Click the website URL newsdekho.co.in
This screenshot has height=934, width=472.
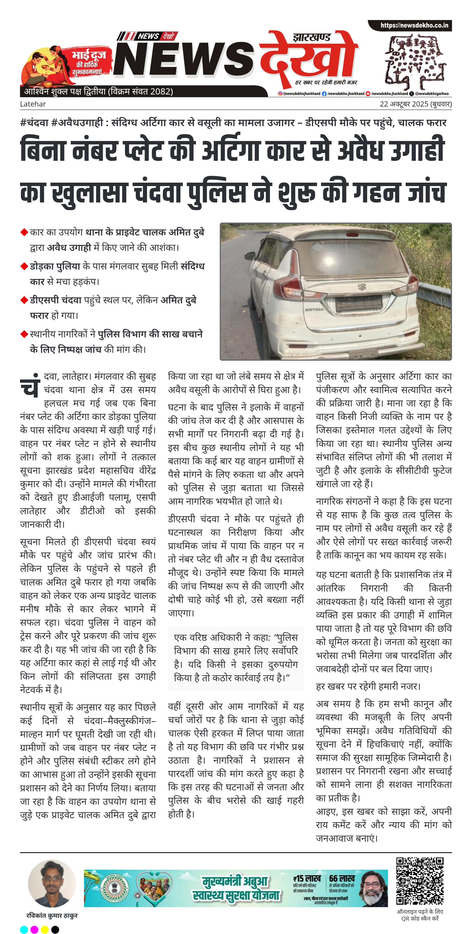pos(414,25)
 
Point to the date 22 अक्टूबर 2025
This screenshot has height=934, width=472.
pos(404,104)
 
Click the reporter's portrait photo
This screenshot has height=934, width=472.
pos(52,884)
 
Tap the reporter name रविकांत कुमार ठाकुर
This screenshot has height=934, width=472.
pos(52,916)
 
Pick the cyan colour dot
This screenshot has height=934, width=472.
pos(24,929)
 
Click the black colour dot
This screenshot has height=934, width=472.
pos(55,929)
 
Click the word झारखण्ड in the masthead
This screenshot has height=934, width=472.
pos(312,37)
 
